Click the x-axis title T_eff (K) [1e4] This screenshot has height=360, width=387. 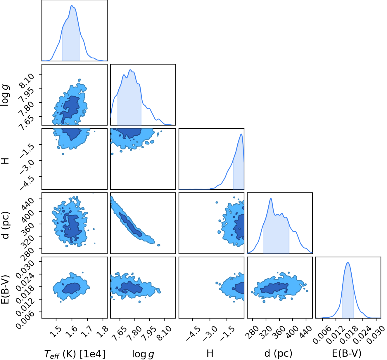pos(75,354)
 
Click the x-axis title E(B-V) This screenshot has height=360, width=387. pos(347,353)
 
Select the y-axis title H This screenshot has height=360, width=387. pos(6,161)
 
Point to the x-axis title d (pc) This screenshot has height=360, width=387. pos(278,353)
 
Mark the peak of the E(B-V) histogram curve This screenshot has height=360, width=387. pos(348,262)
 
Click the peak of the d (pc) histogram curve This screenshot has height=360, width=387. pos(271,198)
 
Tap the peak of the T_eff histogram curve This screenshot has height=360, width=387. pos(72,6)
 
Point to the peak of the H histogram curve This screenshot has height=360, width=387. pos(241,134)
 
